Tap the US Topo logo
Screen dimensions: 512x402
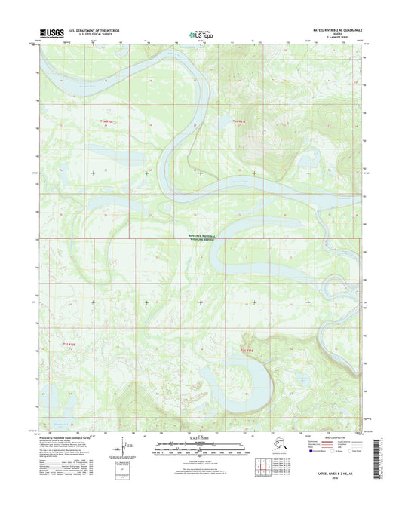200,34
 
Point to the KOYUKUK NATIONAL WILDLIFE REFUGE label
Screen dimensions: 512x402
200,238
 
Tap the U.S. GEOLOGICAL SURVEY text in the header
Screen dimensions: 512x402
90,35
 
